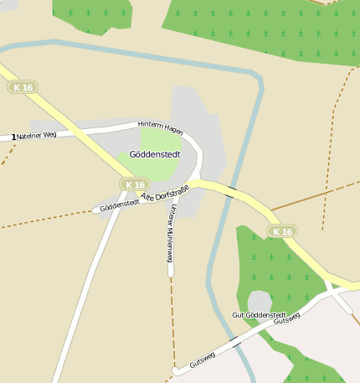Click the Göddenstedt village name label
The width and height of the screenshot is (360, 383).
[155, 154]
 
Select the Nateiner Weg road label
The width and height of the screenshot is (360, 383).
[37, 134]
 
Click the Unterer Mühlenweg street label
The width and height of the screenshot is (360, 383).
[170, 234]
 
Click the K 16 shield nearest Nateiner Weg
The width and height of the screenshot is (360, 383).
[22, 87]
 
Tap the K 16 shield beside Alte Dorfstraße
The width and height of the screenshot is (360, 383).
[134, 184]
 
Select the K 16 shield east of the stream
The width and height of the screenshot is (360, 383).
[282, 231]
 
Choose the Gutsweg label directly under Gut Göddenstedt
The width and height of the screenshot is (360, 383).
[286, 319]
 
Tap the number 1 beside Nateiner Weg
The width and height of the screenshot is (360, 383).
[13, 137]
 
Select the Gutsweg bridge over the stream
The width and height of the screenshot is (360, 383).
[237, 340]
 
